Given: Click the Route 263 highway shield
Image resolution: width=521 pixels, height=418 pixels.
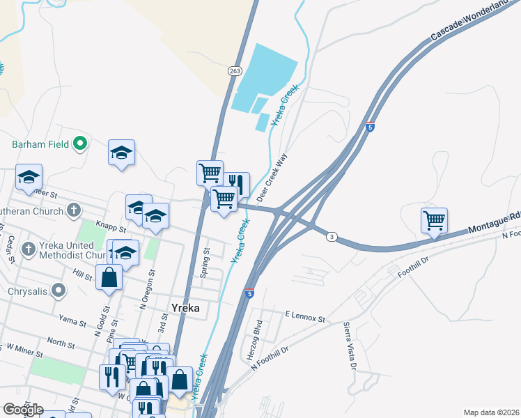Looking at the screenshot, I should pyautogui.click(x=233, y=70).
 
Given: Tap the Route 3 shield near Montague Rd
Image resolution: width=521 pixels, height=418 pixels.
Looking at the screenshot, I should pyautogui.click(x=332, y=238).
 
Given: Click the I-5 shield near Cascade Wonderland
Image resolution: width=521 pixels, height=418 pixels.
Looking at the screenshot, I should pyautogui.click(x=370, y=127).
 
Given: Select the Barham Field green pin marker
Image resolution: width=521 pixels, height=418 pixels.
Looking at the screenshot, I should pyautogui.click(x=80, y=144).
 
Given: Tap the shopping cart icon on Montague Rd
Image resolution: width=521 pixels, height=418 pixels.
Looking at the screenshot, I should pyautogui.click(x=434, y=220).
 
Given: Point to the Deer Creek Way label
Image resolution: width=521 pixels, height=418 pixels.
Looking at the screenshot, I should pyautogui.click(x=273, y=178).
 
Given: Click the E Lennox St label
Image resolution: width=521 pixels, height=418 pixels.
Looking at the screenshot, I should pyautogui.click(x=305, y=316).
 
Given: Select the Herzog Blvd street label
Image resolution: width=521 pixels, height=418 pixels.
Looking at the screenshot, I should pyautogui.click(x=258, y=336).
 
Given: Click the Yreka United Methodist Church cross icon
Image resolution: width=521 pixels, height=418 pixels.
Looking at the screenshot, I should pyautogui.click(x=29, y=249).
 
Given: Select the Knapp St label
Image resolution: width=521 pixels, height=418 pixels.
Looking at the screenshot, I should pyautogui.click(x=111, y=228).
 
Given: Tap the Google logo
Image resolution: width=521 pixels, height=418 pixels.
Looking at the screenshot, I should pyautogui.click(x=24, y=410).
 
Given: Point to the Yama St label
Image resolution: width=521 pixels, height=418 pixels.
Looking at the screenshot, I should pyautogui.click(x=72, y=323).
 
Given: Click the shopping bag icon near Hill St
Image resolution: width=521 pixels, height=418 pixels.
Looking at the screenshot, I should pyautogui.click(x=109, y=277).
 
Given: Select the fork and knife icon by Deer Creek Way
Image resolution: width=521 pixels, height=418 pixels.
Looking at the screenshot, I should pyautogui.click(x=236, y=185).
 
